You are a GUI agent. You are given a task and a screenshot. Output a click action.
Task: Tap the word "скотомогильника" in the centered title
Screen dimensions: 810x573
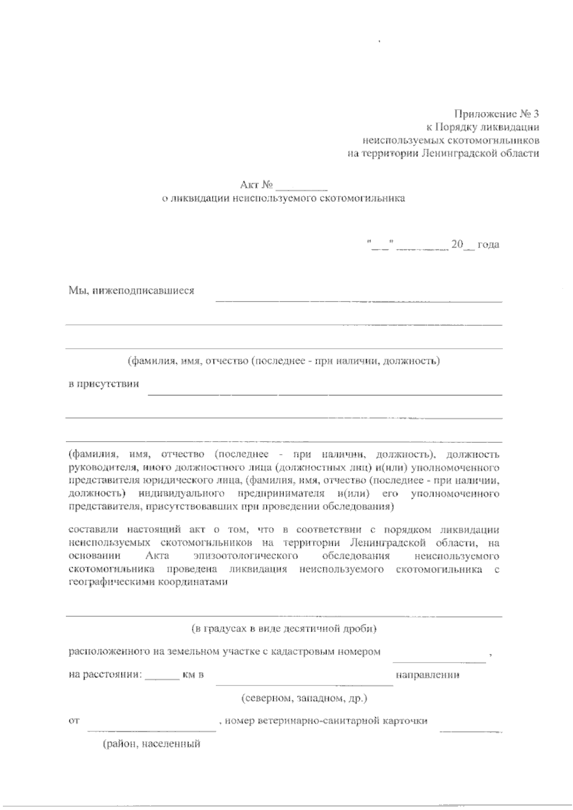tap(365, 198)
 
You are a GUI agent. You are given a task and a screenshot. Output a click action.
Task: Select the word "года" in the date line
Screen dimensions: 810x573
tap(488, 245)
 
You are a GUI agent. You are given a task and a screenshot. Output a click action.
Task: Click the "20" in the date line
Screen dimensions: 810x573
tap(457, 245)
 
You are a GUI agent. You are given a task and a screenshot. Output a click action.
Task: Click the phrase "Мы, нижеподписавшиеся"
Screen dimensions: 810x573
tap(131, 291)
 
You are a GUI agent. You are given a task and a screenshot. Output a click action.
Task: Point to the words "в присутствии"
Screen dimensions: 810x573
tap(104, 384)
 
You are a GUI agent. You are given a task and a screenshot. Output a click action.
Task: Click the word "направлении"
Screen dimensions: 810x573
tap(427, 675)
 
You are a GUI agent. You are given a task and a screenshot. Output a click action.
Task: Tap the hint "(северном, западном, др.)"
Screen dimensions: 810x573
tap(303, 698)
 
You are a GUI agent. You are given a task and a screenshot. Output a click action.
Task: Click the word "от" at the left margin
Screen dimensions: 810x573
tap(74, 721)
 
